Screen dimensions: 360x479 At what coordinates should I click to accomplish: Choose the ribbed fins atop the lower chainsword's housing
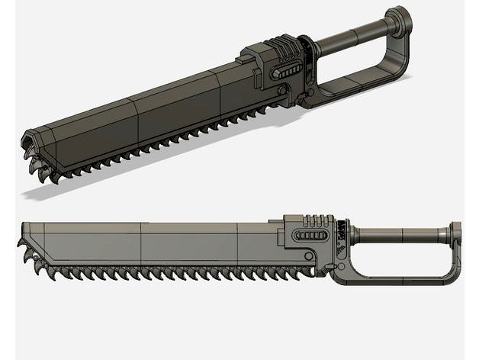coord(313,222)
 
